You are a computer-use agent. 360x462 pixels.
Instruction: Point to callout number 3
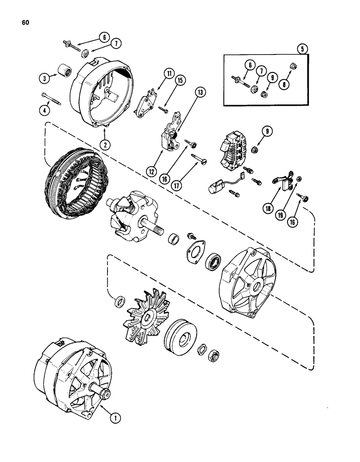coord(44,78)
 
